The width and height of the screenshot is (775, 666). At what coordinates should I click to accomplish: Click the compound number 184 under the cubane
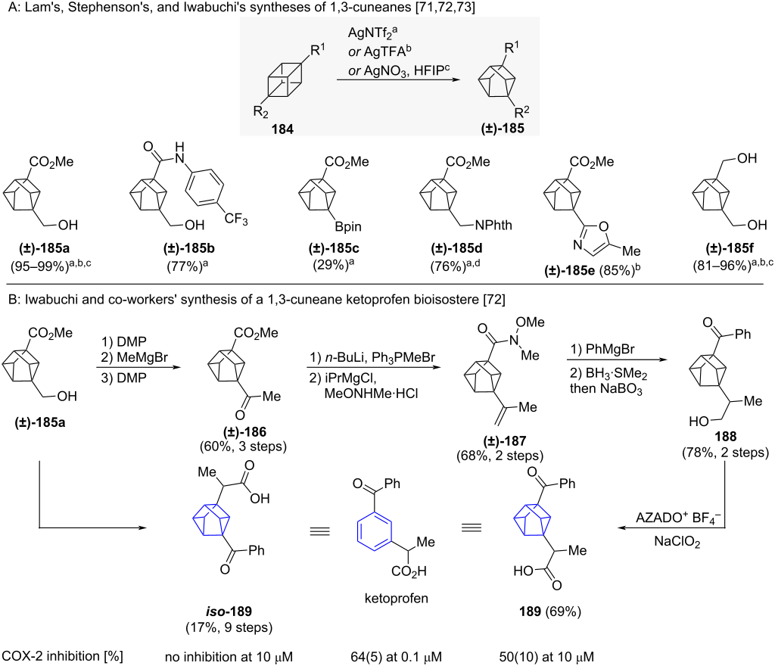click(x=282, y=129)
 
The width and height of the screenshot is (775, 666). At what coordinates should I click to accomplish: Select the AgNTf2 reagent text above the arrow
click(x=372, y=33)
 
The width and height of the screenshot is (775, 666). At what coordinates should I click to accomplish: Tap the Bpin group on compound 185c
click(x=348, y=227)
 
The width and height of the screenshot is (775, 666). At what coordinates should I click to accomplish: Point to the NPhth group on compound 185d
click(x=493, y=226)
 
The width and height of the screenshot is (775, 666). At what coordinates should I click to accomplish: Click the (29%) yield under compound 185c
click(x=333, y=266)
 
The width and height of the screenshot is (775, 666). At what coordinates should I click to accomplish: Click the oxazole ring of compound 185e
click(x=593, y=236)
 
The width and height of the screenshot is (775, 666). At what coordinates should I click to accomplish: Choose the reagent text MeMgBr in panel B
click(x=142, y=357)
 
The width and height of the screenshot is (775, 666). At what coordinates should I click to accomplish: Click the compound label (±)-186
click(x=244, y=432)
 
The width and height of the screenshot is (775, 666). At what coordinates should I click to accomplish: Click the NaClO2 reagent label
click(x=677, y=542)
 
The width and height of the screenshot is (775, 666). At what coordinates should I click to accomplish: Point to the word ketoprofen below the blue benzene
click(x=397, y=599)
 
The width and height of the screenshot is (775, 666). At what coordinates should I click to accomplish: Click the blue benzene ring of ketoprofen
click(x=374, y=531)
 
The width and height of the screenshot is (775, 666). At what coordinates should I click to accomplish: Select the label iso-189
click(x=229, y=612)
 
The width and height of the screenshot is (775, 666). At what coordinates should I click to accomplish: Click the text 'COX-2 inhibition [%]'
click(x=62, y=656)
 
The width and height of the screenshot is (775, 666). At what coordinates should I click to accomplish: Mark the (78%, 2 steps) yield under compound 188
click(x=726, y=453)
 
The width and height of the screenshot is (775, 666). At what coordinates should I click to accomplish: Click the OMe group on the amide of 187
click(x=530, y=322)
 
